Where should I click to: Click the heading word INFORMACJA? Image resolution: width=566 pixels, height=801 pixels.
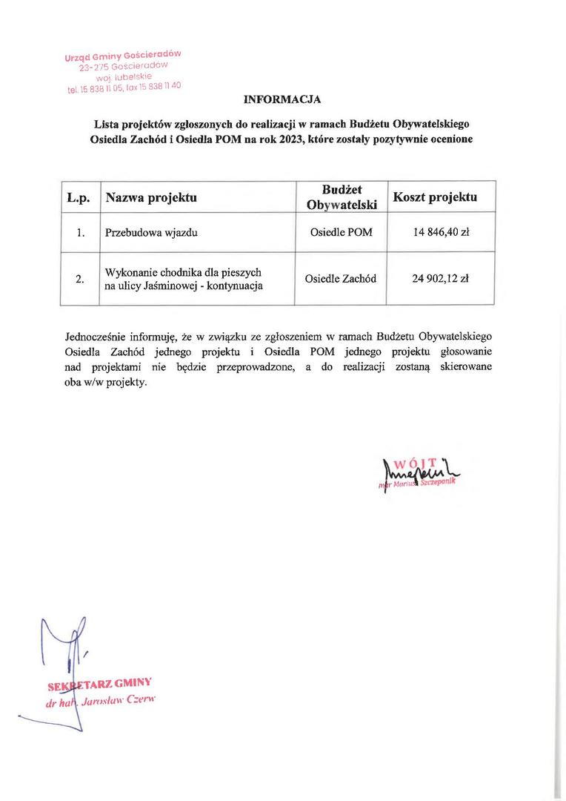282,99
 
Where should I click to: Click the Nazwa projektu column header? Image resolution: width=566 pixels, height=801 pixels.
151,198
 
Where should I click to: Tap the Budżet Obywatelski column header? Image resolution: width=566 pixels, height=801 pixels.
341,197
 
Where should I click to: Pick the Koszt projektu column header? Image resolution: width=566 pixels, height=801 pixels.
435,197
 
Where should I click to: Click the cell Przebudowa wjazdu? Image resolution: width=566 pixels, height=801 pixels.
152,232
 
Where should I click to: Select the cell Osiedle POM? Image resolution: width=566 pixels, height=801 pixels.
341,232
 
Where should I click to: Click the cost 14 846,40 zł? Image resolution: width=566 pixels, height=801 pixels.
441,232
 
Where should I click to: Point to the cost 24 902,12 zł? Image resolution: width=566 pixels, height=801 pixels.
441,279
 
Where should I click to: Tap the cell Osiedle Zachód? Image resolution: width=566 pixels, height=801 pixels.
341,279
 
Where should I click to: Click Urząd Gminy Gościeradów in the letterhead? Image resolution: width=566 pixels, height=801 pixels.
122,56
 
